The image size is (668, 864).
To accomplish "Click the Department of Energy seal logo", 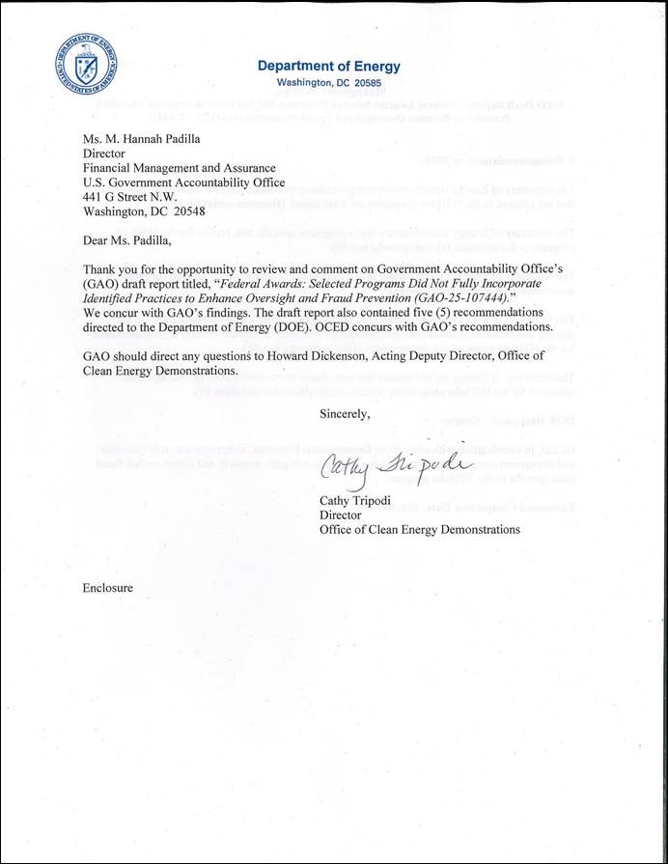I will [x=90, y=66].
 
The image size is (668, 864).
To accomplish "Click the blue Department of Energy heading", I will [x=328, y=67].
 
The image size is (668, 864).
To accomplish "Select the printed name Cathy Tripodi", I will [x=356, y=499].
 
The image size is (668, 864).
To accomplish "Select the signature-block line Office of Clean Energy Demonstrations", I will [x=420, y=529].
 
